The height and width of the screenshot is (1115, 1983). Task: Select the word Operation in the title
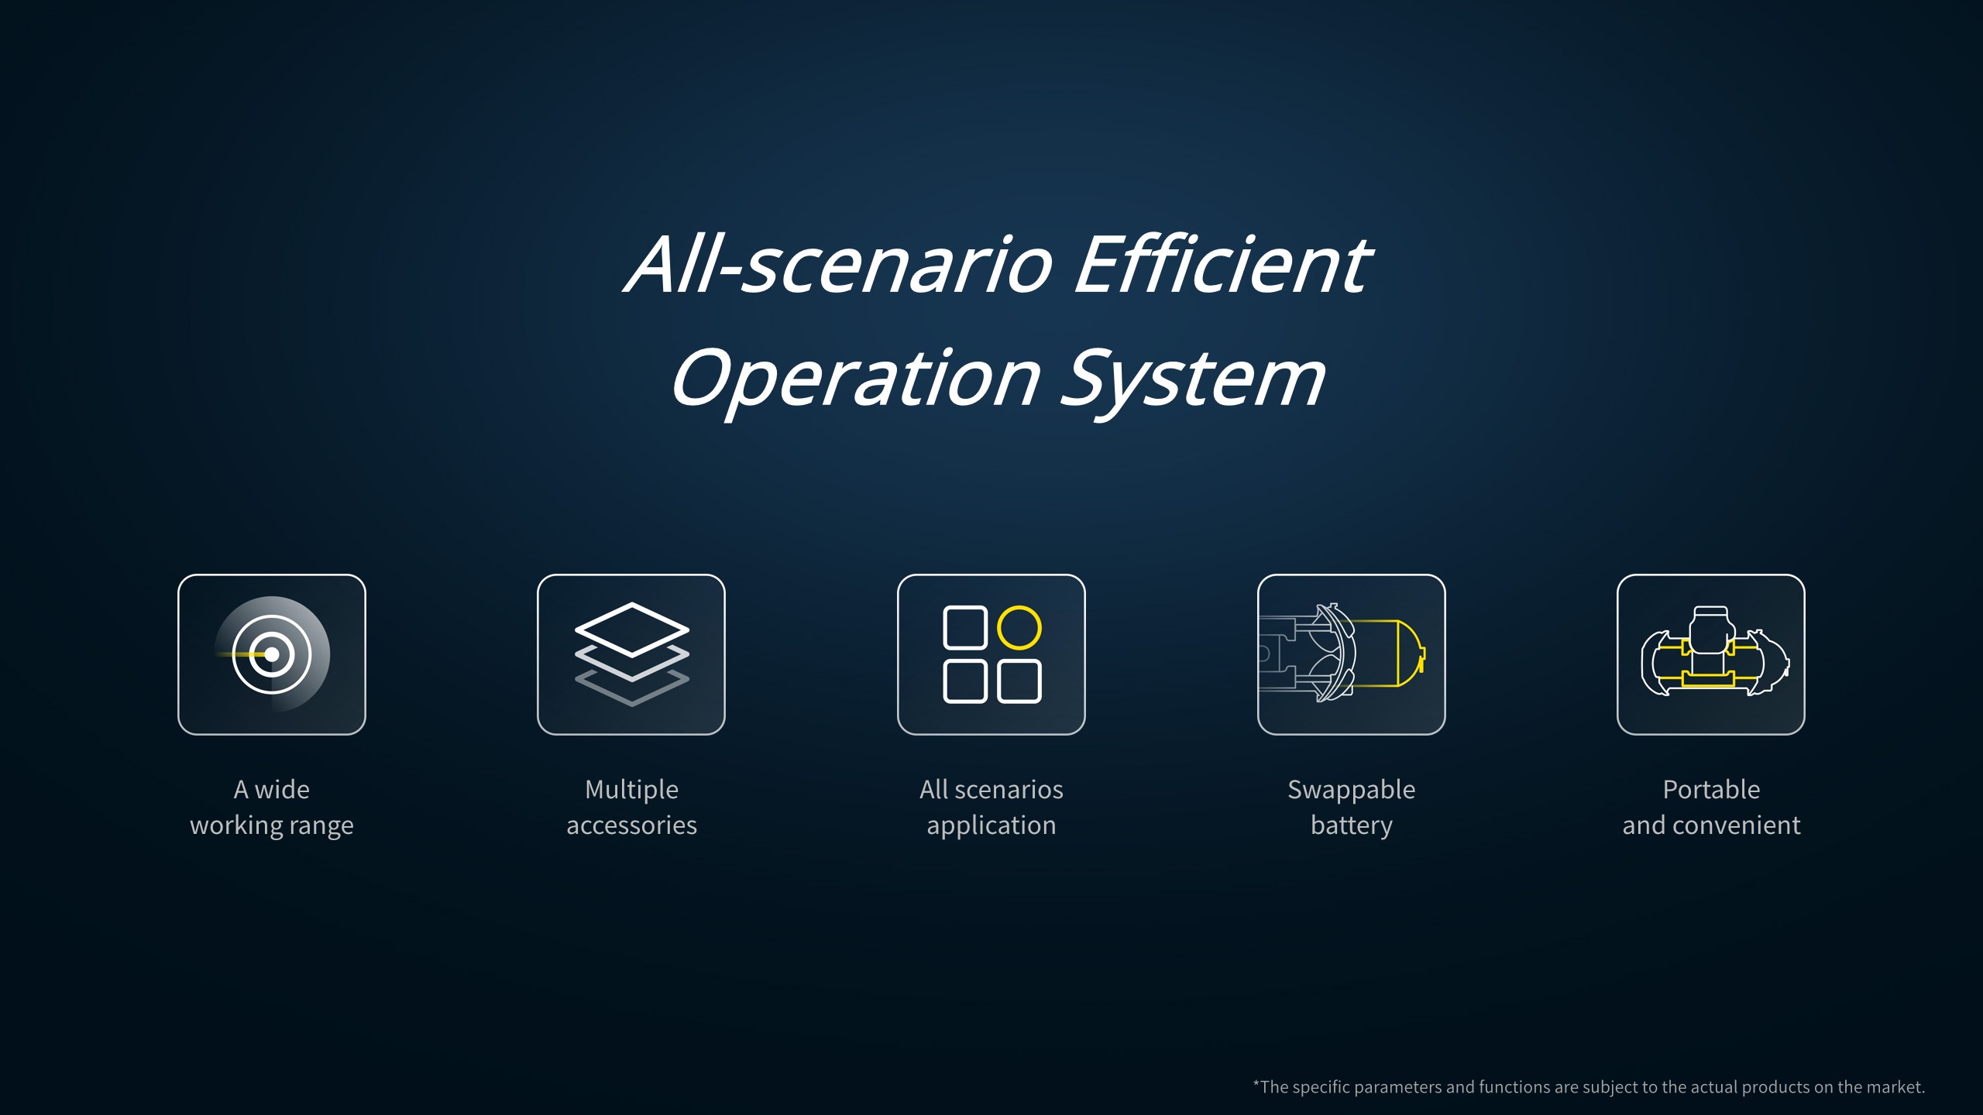855,379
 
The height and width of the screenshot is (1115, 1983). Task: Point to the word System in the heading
1193,379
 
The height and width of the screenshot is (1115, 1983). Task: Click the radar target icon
272,654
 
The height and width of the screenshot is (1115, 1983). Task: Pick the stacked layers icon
632,654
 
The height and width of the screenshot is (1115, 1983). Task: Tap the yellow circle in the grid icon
1019,627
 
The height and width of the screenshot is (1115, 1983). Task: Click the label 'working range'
272,825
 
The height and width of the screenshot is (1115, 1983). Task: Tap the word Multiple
632,790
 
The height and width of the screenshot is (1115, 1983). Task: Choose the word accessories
632,825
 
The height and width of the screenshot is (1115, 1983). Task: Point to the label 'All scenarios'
991,790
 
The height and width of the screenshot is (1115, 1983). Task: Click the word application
991,825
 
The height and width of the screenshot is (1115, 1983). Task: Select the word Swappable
1352,790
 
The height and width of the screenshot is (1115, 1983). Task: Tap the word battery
1352,825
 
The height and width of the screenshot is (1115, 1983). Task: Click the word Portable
1712,790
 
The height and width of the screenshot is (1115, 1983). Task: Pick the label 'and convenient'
1712,825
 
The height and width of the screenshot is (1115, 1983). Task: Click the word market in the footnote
1895,1087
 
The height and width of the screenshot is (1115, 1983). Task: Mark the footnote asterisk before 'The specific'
1256,1083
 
